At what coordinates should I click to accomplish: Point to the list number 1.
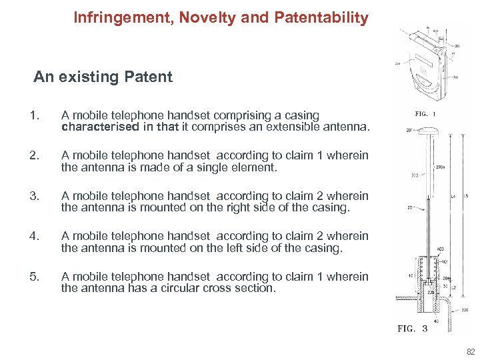click(34, 116)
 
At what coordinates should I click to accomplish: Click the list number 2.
click(34, 156)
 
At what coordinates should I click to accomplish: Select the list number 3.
click(34, 196)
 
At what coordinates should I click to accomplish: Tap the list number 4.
click(34, 236)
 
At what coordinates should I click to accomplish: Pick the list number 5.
click(34, 276)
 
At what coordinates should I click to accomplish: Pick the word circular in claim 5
click(175, 288)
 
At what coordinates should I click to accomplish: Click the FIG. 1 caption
click(425, 114)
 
